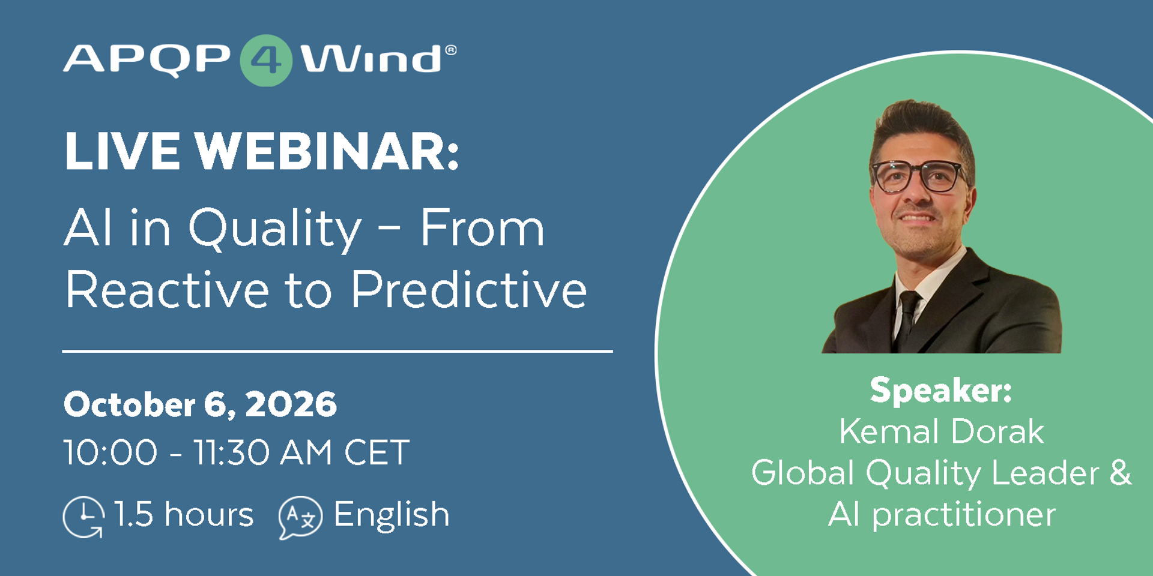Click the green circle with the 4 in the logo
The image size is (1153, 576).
click(x=266, y=60)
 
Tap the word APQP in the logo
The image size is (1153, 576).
click(x=147, y=59)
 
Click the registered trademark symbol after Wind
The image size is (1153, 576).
click(x=450, y=50)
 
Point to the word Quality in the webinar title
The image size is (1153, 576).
click(x=275, y=230)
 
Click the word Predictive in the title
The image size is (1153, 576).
click(x=468, y=289)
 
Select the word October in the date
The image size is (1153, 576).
click(x=130, y=404)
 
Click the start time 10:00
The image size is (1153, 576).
click(x=111, y=452)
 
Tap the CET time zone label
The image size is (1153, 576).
click(x=377, y=452)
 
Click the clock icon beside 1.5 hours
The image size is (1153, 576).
click(x=83, y=517)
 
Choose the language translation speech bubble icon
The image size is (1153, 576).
click(x=300, y=517)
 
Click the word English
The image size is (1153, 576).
click(x=392, y=515)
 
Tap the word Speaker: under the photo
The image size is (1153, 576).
click(x=941, y=390)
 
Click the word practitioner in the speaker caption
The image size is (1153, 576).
click(x=964, y=515)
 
